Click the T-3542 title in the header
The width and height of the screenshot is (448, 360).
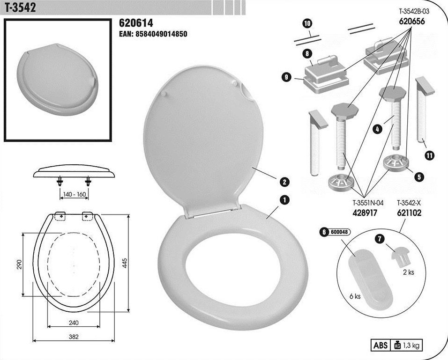[x=20, y=7]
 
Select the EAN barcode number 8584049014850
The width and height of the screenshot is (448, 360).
[x=161, y=34]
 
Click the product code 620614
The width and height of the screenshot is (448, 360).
[x=136, y=23]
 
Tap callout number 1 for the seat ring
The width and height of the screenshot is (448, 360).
[x=284, y=200]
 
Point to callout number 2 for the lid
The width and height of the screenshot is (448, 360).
[x=284, y=182]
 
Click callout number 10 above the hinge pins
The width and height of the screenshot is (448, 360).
[x=307, y=23]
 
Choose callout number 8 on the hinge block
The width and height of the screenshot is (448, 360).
[x=307, y=53]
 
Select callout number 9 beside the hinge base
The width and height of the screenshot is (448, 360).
[x=286, y=77]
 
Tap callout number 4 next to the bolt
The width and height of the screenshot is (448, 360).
[x=377, y=129]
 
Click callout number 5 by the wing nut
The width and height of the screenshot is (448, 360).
[x=419, y=176]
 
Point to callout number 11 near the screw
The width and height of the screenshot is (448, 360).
[x=429, y=155]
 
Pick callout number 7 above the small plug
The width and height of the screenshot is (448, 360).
[x=380, y=238]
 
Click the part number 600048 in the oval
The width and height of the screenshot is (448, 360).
[x=339, y=232]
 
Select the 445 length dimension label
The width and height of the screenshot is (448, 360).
[x=125, y=263]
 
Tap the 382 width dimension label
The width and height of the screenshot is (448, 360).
[x=74, y=337]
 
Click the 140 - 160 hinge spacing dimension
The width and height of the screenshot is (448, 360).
[x=75, y=194]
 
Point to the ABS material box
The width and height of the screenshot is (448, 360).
[x=381, y=345]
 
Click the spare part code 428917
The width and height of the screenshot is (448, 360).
[x=365, y=213]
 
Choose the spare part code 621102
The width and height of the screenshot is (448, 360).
[x=409, y=213]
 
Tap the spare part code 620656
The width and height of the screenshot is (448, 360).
[x=412, y=22]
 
